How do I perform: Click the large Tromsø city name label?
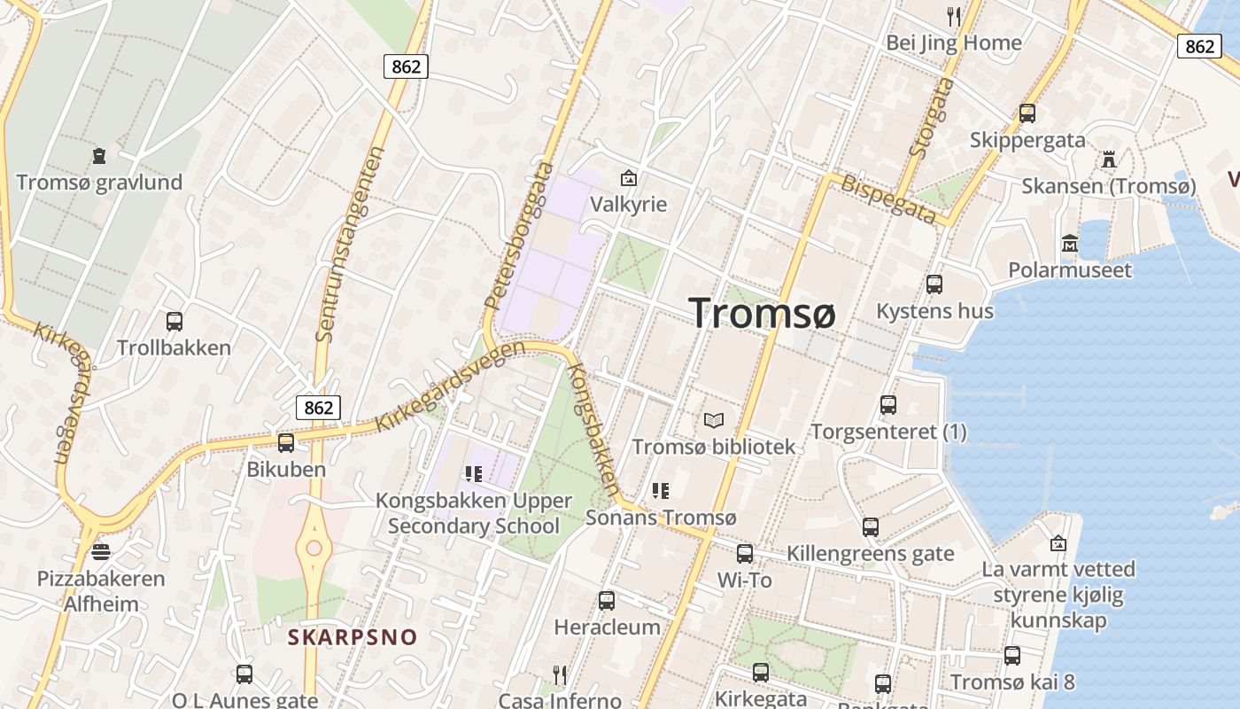[x=762, y=313]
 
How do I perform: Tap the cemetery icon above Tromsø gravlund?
[x=99, y=156]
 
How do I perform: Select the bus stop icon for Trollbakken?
[x=174, y=322]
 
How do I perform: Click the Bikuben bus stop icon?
[x=285, y=443]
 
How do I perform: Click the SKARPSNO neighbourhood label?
[x=353, y=637]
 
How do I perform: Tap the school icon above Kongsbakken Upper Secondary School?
[x=474, y=475]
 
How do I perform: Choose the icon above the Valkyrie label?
[x=629, y=178]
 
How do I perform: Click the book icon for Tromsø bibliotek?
[x=714, y=421]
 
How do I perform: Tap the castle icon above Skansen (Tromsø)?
[x=1108, y=160]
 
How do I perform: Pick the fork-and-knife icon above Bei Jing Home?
[x=954, y=17]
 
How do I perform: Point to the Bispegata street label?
[x=887, y=200]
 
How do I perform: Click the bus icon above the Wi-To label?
[x=745, y=554]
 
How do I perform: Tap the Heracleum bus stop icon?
[x=607, y=601]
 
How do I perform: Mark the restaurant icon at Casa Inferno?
[x=559, y=675]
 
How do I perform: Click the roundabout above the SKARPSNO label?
[x=314, y=549]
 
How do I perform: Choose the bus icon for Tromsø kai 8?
[x=1012, y=656]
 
